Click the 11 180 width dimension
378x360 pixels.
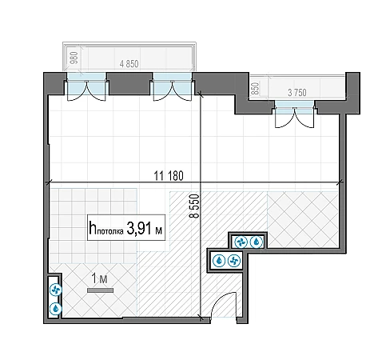169,176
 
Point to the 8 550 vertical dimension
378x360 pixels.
195,206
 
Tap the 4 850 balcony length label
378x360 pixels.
129,64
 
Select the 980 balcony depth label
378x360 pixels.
74,58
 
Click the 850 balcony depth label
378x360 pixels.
255,89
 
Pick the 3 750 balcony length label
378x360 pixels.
297,93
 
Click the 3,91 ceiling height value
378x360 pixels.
139,228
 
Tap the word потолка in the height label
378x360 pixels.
110,231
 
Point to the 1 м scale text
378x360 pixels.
99,279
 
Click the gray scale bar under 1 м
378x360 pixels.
101,290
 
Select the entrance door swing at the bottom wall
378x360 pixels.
223,305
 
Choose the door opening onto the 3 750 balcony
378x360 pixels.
294,114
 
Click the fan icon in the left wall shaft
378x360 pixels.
56,290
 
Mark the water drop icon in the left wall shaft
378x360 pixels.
56,309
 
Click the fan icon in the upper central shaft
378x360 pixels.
241,242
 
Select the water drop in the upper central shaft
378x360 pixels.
257,242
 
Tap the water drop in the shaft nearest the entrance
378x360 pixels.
219,261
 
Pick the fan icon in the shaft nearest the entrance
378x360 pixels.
234,261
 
